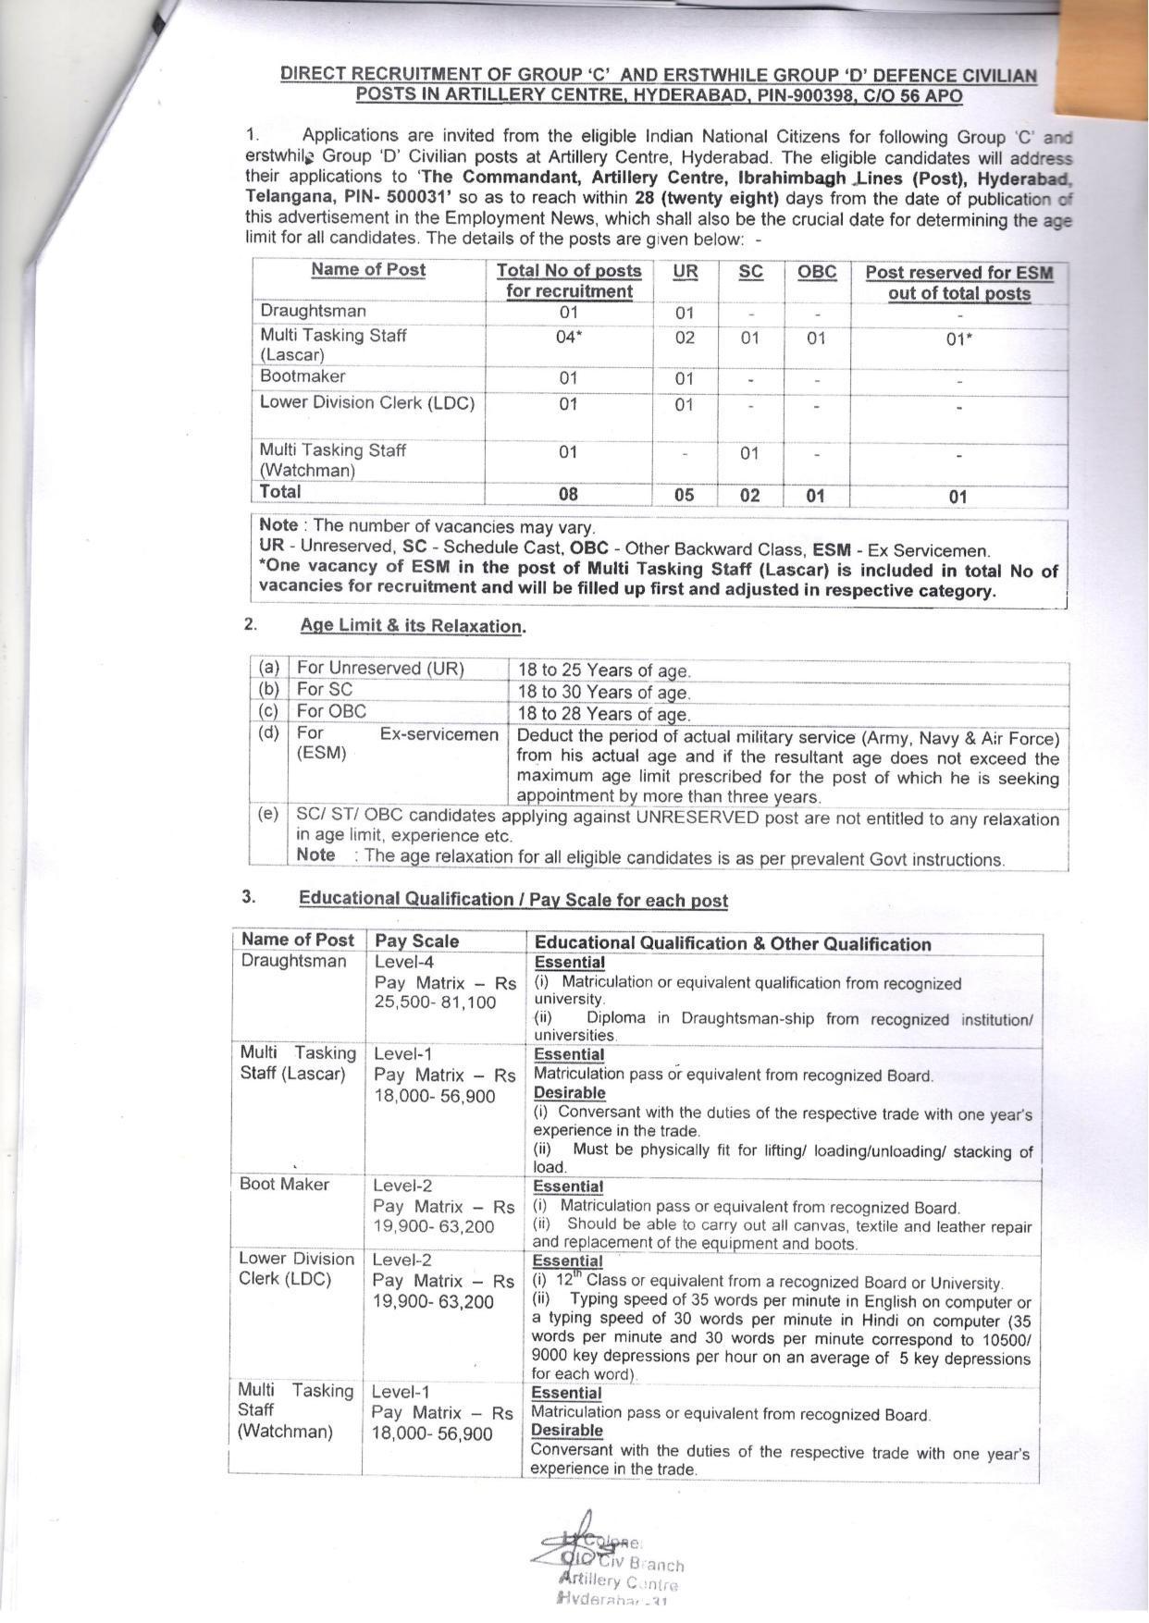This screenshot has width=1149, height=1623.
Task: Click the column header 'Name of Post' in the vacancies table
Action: point(367,269)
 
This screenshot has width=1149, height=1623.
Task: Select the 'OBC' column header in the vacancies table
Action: point(816,272)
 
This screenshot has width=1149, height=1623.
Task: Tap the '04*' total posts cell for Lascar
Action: point(568,338)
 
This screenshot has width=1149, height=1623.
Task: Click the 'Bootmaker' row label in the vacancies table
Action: point(303,376)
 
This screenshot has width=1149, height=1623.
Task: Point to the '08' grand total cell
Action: point(568,494)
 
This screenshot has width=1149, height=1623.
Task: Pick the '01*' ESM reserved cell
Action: point(958,338)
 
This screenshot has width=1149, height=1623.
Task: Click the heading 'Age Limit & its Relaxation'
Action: point(412,625)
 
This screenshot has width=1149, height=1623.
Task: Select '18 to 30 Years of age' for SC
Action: point(603,692)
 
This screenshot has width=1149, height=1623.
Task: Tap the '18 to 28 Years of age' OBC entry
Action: point(603,713)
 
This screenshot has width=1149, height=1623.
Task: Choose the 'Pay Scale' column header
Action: point(416,941)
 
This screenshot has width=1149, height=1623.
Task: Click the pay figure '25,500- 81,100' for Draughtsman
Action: point(435,1002)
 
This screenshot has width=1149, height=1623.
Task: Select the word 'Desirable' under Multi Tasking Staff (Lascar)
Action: point(569,1092)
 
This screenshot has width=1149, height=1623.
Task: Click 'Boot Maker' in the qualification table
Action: point(284,1184)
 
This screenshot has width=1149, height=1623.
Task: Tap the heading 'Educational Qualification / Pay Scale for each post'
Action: point(513,900)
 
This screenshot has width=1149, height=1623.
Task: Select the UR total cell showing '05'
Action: point(684,495)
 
